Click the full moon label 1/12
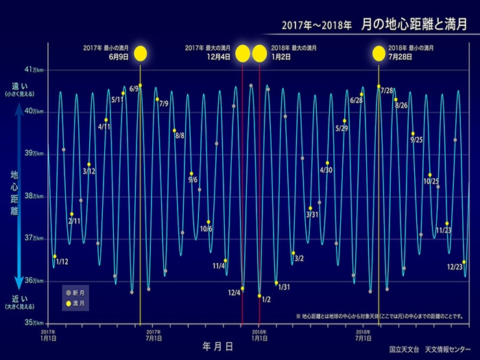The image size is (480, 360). click(62, 262)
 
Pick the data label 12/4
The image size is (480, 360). click(235, 293)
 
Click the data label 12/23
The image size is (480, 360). click(454, 266)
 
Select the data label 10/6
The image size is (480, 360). click(206, 228)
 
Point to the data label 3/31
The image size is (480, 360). click(312, 215)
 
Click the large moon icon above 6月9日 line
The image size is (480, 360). click(141, 53)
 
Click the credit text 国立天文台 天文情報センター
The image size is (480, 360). click(428, 348)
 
